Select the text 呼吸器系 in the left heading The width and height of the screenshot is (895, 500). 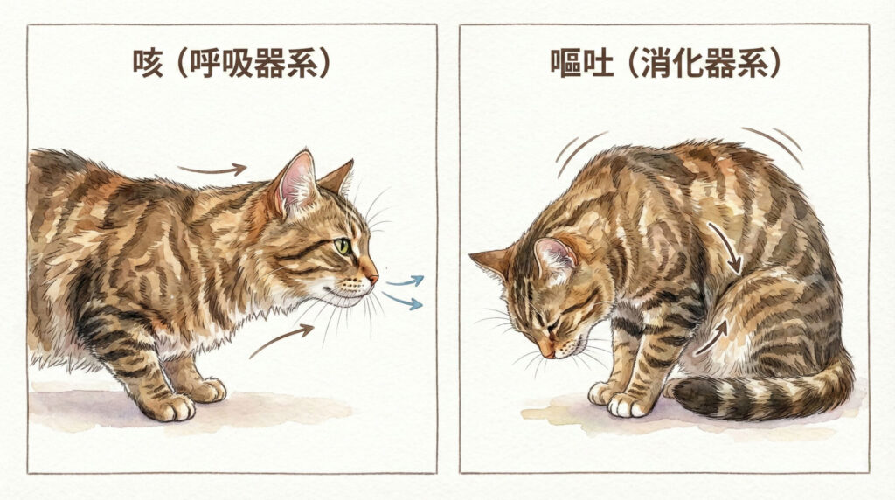click(x=253, y=65)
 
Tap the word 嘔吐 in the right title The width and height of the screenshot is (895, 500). click(x=581, y=65)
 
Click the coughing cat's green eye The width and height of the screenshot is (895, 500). click(x=343, y=247)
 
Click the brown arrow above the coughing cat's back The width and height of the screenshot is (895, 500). click(x=212, y=170)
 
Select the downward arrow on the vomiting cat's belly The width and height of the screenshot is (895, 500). click(x=726, y=247)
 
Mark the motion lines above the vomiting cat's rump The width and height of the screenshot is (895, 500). click(x=777, y=144)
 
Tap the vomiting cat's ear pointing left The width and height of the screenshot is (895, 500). click(x=491, y=260)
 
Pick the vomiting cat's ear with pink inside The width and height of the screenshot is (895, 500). click(x=554, y=256)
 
